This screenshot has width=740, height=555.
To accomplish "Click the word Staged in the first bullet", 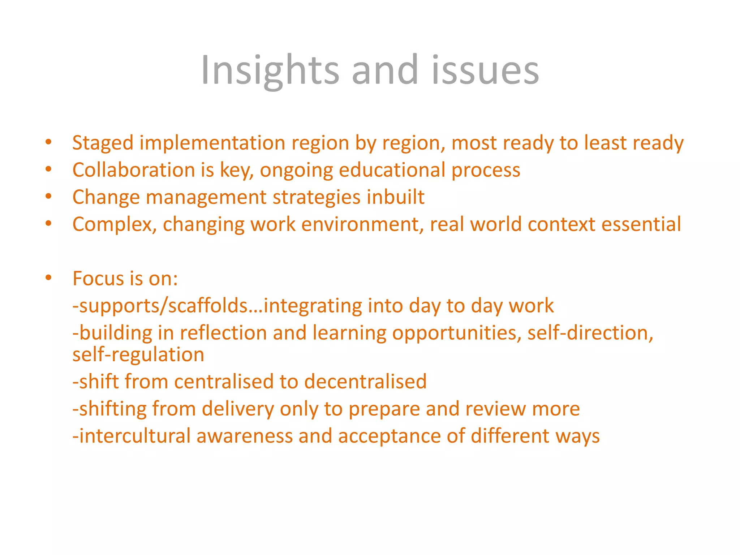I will [x=103, y=143].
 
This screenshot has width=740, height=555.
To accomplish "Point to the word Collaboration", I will [x=134, y=170].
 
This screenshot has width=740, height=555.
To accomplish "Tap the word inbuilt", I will [x=395, y=197].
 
